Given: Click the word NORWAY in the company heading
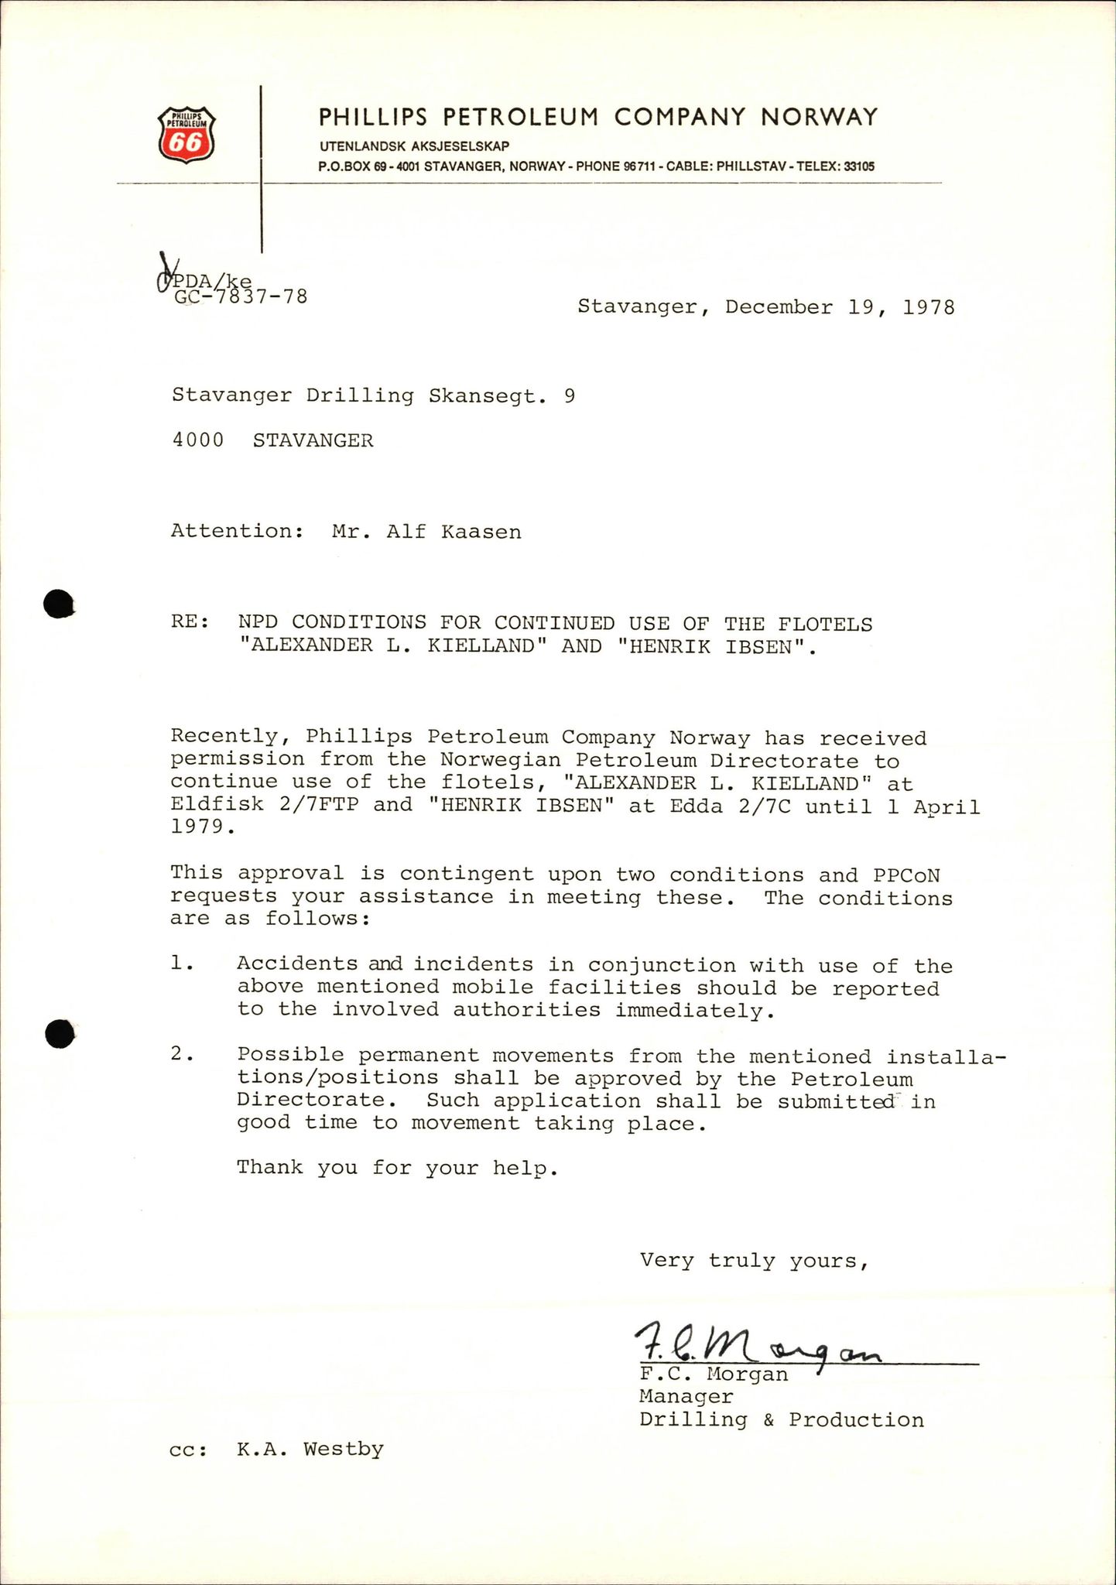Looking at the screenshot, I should coord(820,117).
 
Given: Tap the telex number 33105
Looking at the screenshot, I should coord(859,166).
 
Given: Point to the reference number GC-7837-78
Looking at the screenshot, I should coord(241,296).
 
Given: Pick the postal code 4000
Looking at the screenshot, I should coord(197,440).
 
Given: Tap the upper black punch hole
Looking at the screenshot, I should coord(58,604).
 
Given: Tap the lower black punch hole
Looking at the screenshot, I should coord(59,1033).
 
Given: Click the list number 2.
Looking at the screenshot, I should coord(180,1055).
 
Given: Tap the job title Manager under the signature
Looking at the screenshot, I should coord(686,1397).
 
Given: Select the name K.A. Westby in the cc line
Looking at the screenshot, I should coord(310,1449).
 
